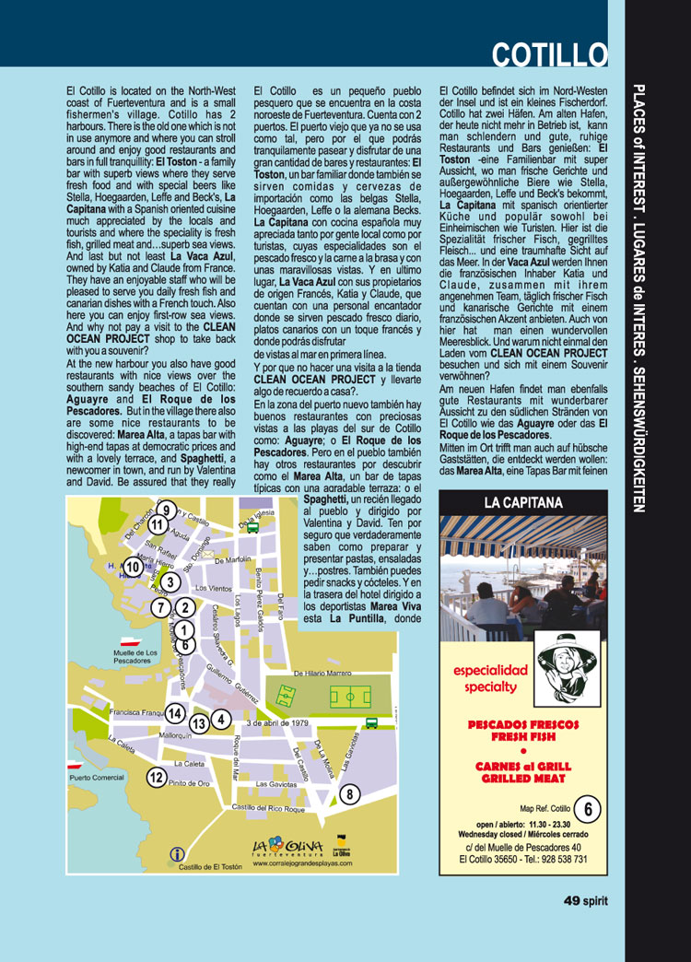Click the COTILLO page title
click(549, 54)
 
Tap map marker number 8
click(349, 794)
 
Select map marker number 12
click(156, 777)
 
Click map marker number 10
click(134, 567)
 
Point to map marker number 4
click(221, 719)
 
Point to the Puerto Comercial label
click(97, 778)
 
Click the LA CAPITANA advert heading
click(522, 503)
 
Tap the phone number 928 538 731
click(555, 859)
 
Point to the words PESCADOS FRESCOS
click(522, 725)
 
